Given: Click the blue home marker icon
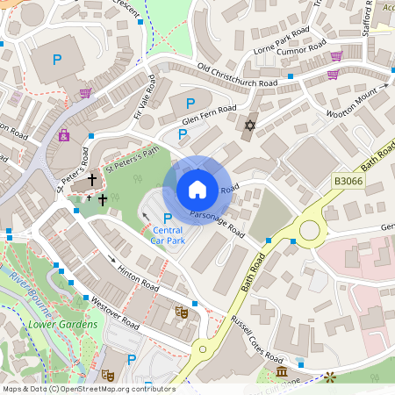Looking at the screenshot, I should click(x=197, y=189).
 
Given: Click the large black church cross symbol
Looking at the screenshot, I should click(x=92, y=181).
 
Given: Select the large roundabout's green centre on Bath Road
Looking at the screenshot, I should click(x=309, y=231).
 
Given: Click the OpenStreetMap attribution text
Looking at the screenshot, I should click(x=88, y=388).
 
